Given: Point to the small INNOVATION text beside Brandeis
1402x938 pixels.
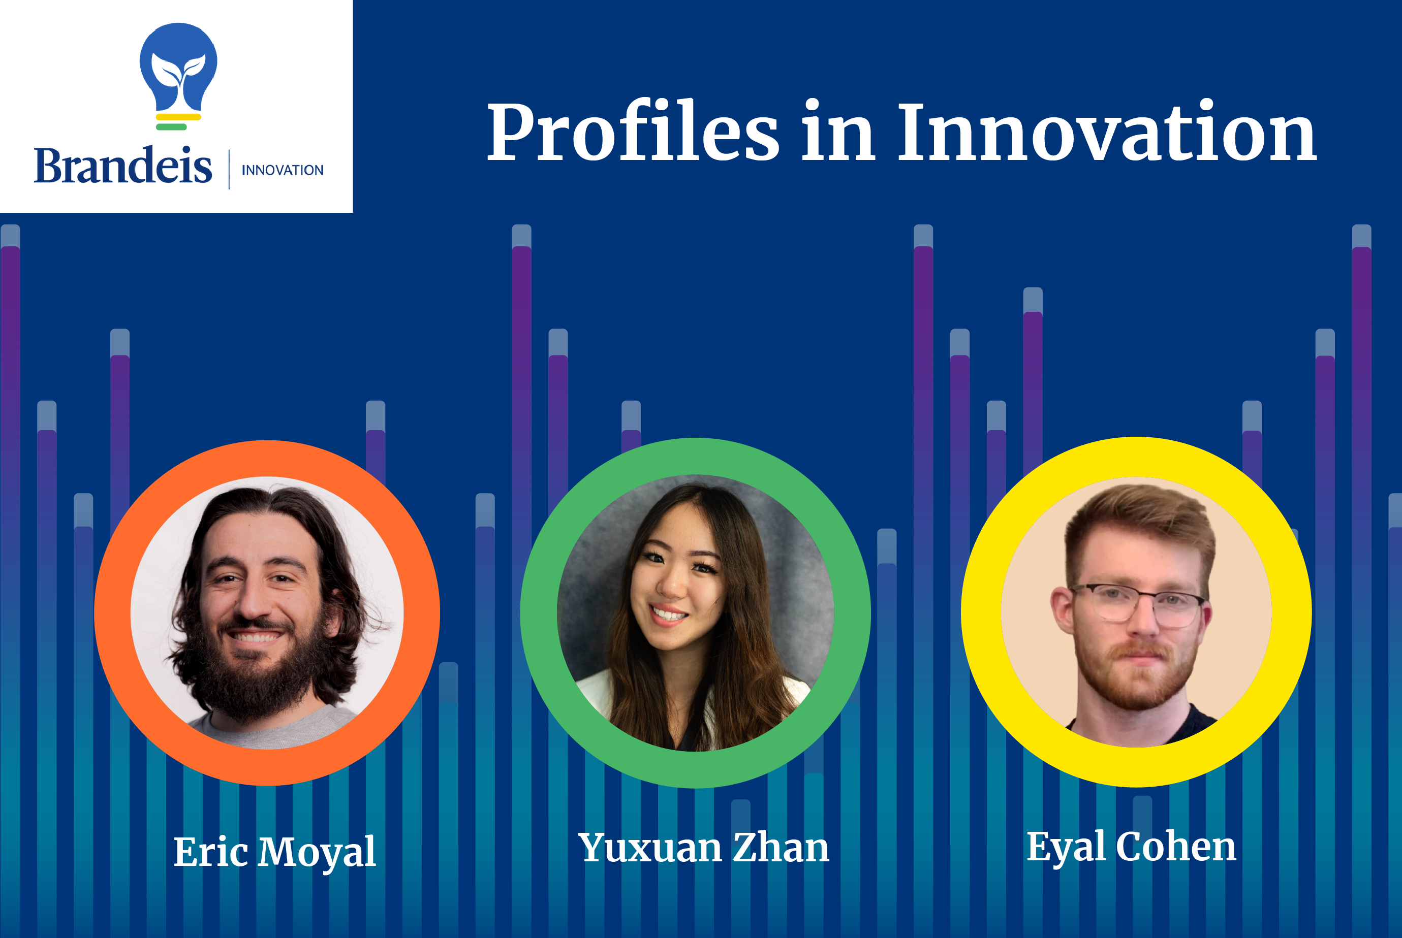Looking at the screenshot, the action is (283, 171).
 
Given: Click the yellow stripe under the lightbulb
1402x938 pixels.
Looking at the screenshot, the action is (178, 117).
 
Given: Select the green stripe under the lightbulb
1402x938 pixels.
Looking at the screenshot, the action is (171, 127).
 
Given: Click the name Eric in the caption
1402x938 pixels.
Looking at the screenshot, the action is (211, 851).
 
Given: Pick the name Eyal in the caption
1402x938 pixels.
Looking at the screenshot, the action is (1066, 847).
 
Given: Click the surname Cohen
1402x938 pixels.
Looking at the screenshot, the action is (1176, 846).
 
